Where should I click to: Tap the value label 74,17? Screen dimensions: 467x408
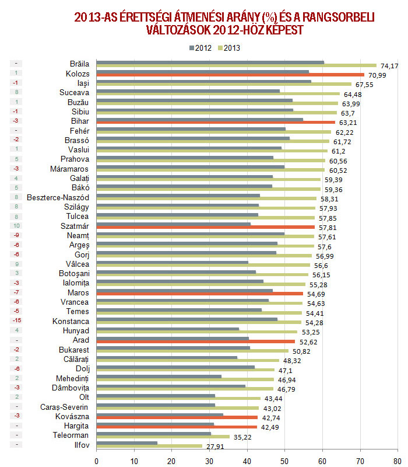389,66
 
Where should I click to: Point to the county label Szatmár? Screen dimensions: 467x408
74,226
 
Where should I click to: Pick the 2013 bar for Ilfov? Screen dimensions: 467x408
149,446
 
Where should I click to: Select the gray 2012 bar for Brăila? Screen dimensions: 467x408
210,62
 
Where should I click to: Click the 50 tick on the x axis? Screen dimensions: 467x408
284,461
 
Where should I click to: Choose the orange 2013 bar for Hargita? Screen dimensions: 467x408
177,427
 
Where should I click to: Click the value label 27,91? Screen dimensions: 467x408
214,447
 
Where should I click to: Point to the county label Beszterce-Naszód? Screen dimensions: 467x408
58,197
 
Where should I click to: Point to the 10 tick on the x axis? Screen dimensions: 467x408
134,461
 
